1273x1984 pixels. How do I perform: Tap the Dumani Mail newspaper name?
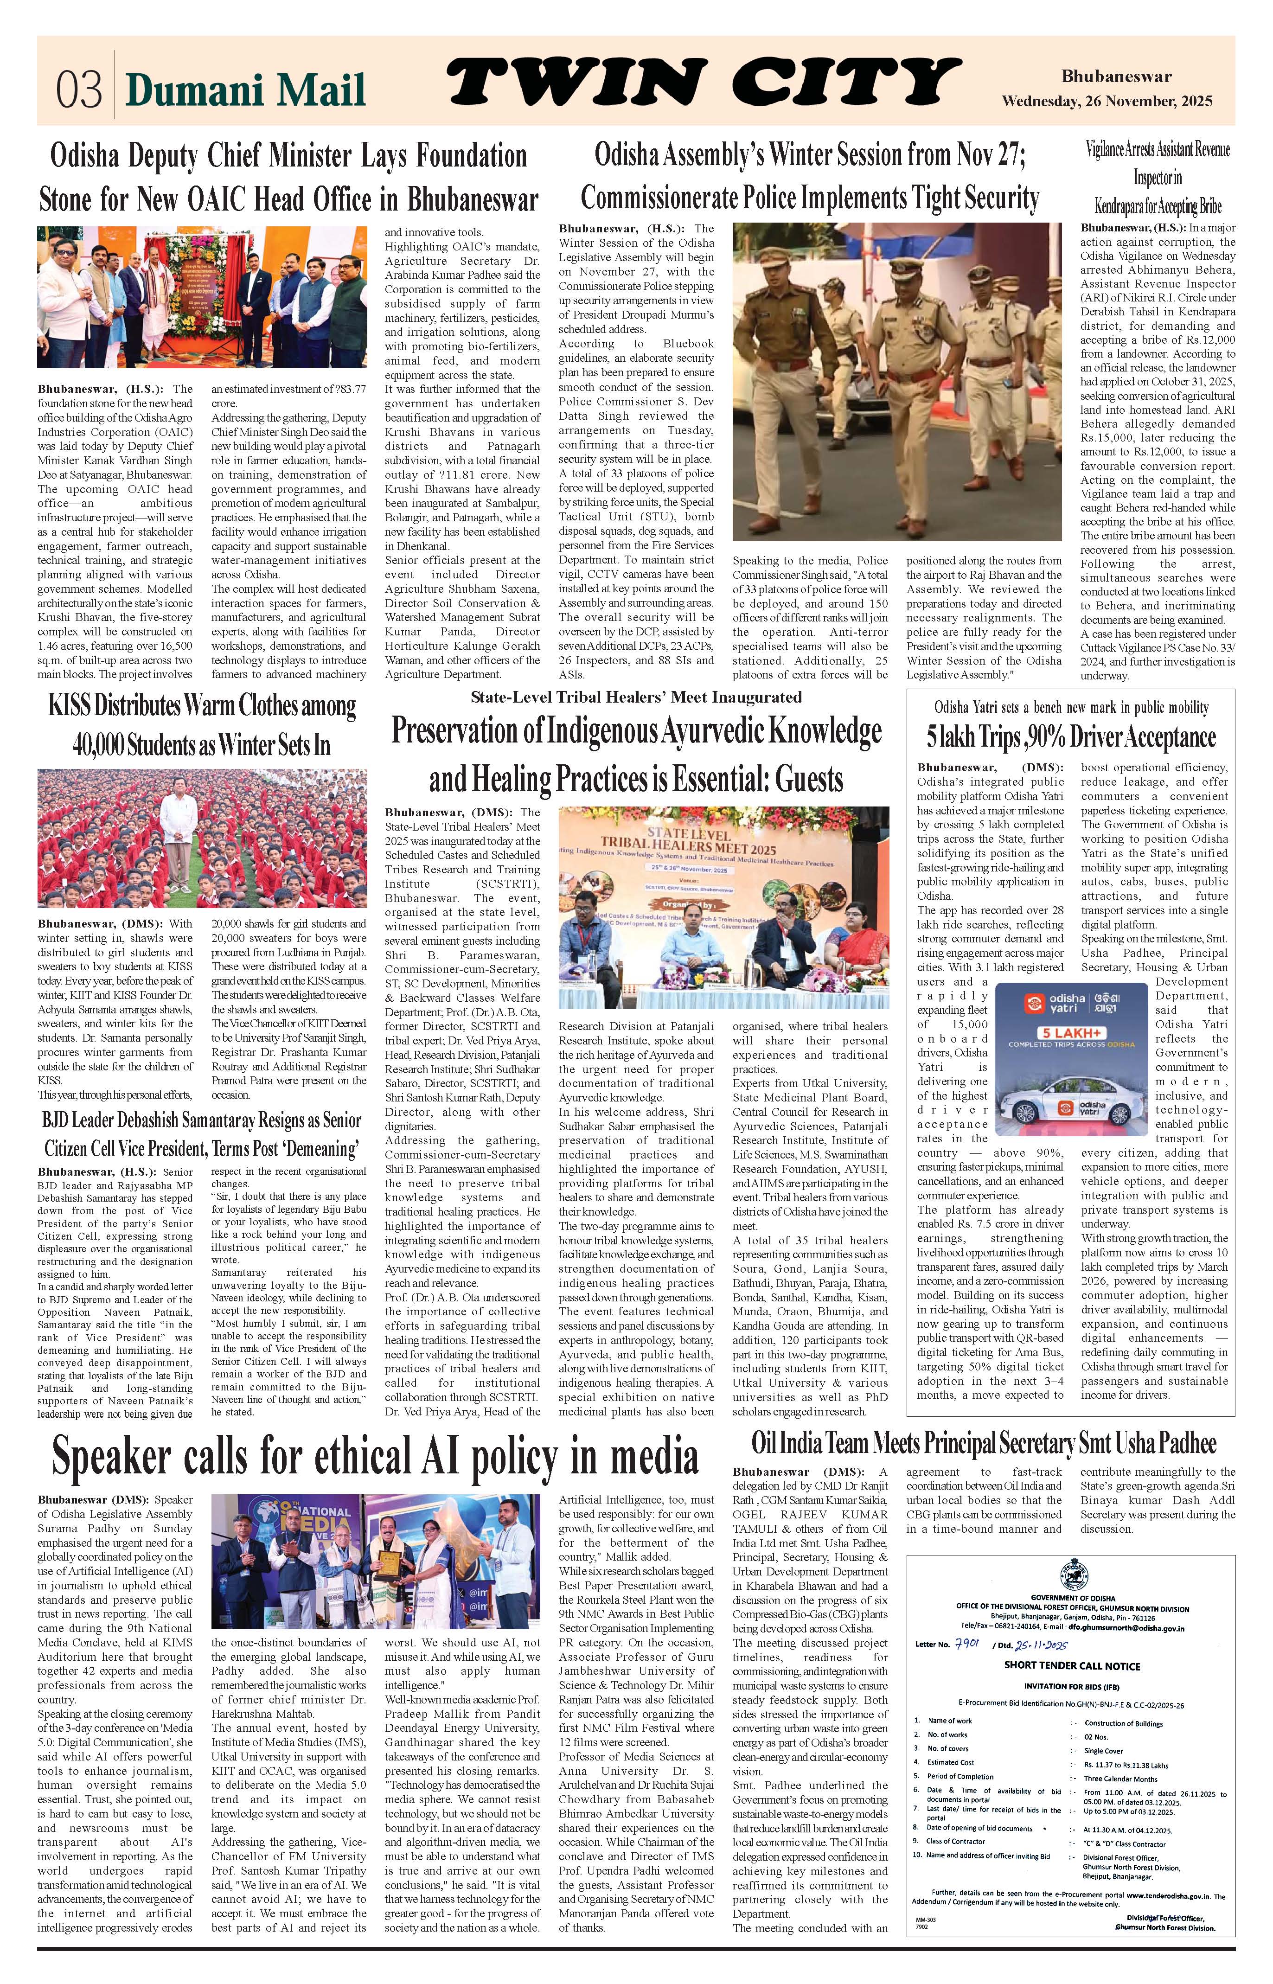pyautogui.click(x=245, y=90)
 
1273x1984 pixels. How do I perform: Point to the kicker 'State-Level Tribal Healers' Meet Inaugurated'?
pyautogui.click(x=636, y=697)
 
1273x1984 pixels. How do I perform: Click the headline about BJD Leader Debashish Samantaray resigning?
pyautogui.click(x=202, y=1134)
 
